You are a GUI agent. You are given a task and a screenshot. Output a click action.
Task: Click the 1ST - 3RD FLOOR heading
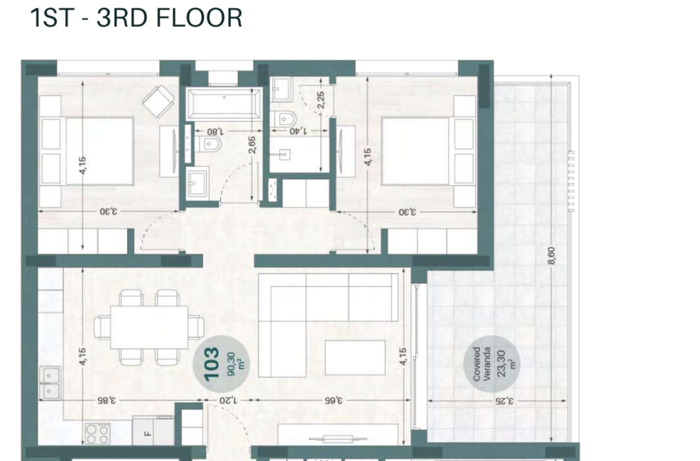click(136, 18)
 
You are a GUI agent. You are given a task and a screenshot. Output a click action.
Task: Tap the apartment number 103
click(212, 364)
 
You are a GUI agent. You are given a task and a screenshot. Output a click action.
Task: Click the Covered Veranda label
click(482, 364)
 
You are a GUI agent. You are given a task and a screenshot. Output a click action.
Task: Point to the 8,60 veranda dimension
click(552, 256)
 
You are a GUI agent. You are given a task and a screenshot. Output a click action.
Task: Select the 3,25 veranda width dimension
click(504, 401)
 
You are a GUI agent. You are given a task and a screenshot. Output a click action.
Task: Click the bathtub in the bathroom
click(224, 105)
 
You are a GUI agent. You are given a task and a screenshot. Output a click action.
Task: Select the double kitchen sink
click(51, 383)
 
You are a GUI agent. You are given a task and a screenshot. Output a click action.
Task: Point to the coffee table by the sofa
click(355, 357)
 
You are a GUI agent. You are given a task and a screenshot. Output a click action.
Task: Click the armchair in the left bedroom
click(159, 101)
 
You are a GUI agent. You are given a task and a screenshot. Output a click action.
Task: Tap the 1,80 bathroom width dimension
click(215, 131)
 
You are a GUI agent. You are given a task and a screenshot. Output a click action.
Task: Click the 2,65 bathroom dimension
click(252, 145)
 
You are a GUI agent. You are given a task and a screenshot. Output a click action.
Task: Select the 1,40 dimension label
click(298, 131)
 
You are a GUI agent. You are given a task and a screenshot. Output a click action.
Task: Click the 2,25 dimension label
click(321, 100)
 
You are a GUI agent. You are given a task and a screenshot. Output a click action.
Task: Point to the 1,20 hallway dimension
click(228, 400)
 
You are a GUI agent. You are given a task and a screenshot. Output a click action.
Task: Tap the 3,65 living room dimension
click(334, 400)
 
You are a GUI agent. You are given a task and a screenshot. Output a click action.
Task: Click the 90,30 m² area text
click(236, 364)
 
